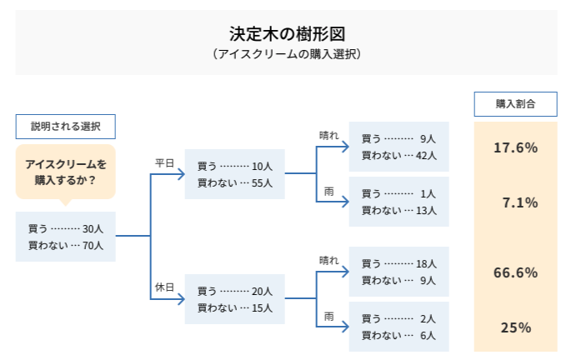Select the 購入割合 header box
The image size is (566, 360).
515,104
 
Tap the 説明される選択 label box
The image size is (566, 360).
65,127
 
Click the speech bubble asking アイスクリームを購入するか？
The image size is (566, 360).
65,172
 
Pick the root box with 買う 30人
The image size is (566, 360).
65,237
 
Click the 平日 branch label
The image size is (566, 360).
163,163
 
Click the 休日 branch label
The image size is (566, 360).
163,287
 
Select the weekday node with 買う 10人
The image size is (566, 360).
234,174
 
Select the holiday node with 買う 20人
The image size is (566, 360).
234,299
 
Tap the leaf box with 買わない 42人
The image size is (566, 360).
398,147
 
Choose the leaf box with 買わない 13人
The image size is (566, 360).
398,202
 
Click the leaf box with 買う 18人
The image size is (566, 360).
398,272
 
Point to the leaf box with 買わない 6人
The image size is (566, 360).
398,327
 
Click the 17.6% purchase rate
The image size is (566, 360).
515,147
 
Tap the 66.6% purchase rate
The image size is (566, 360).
515,272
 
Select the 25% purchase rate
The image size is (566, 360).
516,327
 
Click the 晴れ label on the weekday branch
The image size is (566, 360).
329,135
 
